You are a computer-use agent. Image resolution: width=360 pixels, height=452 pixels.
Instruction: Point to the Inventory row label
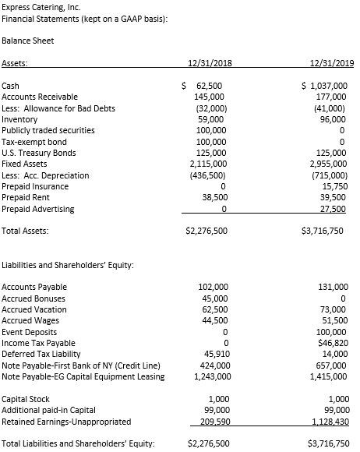(20, 119)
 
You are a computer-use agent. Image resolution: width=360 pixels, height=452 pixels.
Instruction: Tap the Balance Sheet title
(27, 40)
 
